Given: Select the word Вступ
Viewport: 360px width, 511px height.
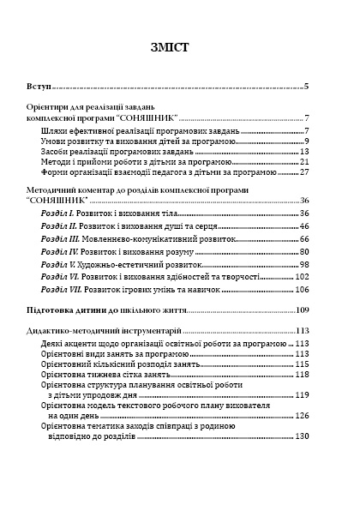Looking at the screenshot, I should click(39, 87).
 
